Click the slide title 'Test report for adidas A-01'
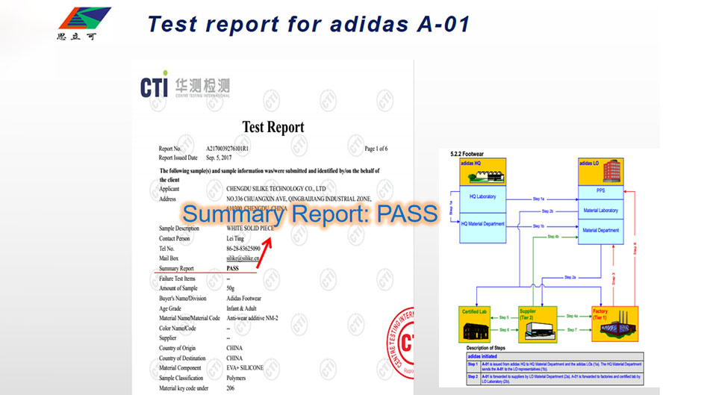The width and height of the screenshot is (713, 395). [x=308, y=23]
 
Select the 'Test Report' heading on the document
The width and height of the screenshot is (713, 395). [x=273, y=127]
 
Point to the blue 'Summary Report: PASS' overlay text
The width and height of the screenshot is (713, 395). [x=309, y=214]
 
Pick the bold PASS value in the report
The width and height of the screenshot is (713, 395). [x=234, y=268]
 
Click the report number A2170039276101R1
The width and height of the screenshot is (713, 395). [x=242, y=149]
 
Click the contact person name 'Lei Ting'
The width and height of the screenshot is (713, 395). [x=237, y=238]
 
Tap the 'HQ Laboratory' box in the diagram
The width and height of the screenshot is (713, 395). [x=482, y=196]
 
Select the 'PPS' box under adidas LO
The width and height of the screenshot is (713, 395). [x=600, y=192]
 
